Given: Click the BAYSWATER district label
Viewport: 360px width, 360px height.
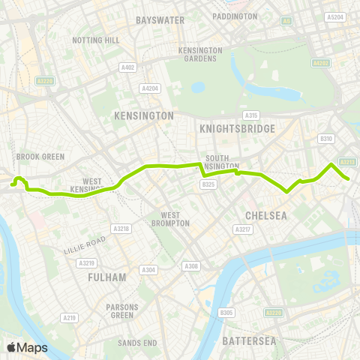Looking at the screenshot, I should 160,19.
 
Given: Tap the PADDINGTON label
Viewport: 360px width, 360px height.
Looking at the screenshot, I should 234,16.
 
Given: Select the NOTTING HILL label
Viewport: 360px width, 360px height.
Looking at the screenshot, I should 95,40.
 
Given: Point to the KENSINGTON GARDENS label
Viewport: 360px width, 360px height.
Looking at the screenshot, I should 200,54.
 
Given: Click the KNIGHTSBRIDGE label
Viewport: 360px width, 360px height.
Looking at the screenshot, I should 238,128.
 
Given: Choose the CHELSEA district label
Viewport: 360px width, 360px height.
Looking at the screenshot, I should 267,215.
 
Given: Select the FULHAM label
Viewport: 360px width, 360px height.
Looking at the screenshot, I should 106,277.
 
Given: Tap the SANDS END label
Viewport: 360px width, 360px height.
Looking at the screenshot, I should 138,342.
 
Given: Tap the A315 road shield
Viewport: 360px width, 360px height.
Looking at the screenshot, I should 251,115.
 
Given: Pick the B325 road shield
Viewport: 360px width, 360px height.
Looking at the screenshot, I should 208,184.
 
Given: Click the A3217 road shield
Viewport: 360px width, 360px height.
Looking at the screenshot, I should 242,229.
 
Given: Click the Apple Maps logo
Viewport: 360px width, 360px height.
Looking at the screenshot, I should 26,346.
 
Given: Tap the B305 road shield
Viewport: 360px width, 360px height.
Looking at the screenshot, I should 226,312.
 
